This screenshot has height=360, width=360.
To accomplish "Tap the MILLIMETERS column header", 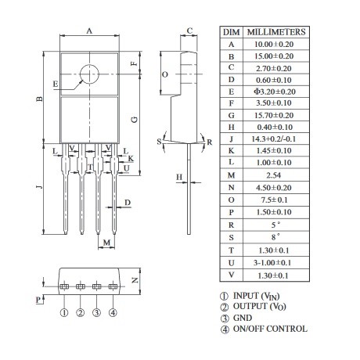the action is pyautogui.click(x=276, y=32).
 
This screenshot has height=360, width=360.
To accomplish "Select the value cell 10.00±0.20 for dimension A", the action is pyautogui.click(x=274, y=44).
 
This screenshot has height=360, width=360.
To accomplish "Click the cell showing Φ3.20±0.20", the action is pyautogui.click(x=275, y=92).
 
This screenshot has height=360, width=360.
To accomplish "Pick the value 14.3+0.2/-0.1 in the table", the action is pyautogui.click(x=274, y=139).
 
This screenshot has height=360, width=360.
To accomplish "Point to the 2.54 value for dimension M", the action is pyautogui.click(x=274, y=175).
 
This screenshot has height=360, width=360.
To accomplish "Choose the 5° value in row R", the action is pyautogui.click(x=275, y=225).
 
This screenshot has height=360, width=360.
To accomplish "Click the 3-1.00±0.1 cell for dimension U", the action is pyautogui.click(x=272, y=262).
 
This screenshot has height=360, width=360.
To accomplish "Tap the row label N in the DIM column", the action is pyautogui.click(x=232, y=188).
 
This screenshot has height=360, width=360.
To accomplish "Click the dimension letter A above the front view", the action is pyautogui.click(x=89, y=31).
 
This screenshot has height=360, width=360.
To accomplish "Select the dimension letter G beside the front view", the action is pyautogui.click(x=134, y=120).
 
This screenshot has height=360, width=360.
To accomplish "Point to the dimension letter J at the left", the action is pyautogui.click(x=39, y=186).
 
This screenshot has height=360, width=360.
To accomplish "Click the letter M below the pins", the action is pyautogui.click(x=106, y=243).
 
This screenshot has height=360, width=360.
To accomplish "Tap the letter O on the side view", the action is pyautogui.click(x=165, y=74).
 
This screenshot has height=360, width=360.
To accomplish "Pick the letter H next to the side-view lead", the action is pyautogui.click(x=179, y=177).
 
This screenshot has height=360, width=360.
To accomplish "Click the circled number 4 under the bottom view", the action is pyautogui.click(x=113, y=312).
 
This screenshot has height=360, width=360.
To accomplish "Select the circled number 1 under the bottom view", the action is pyautogui.click(x=64, y=312).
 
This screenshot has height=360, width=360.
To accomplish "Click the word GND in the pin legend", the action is pyautogui.click(x=243, y=318).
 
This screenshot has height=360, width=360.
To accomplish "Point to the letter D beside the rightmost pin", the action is pyautogui.click(x=128, y=203).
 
